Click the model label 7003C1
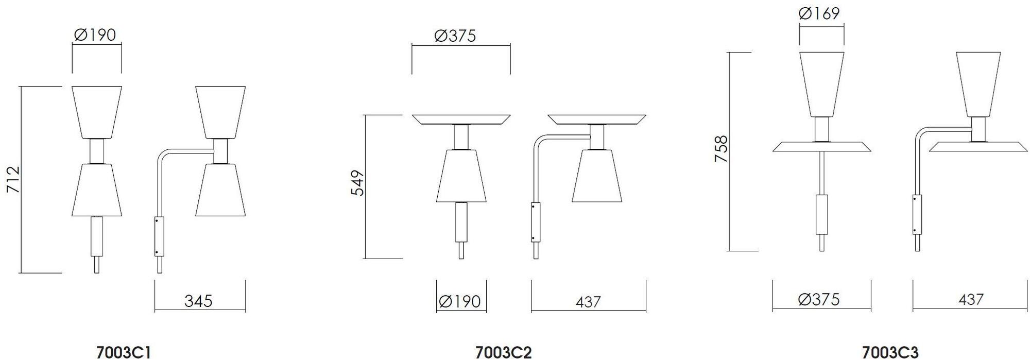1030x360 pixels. click(124, 352)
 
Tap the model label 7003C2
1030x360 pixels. click(503, 352)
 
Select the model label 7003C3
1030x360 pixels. click(890, 352)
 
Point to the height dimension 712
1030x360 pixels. click(13, 179)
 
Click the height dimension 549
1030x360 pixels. click(357, 183)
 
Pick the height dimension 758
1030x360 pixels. click(721, 149)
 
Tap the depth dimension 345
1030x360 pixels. click(198, 301)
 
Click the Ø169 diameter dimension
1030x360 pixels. click(819, 13)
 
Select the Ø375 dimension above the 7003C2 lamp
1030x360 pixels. click(455, 36)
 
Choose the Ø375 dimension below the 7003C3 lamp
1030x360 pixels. click(819, 299)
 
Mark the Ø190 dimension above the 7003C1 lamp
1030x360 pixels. click(95, 35)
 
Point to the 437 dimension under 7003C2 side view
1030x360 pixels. click(588, 302)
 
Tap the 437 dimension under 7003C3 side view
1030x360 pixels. click(970, 299)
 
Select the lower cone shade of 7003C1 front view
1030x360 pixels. click(97, 190)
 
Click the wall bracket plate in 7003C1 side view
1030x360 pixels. click(159, 236)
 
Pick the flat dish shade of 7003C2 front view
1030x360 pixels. click(461, 119)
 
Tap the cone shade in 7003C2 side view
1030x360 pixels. click(597, 176)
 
